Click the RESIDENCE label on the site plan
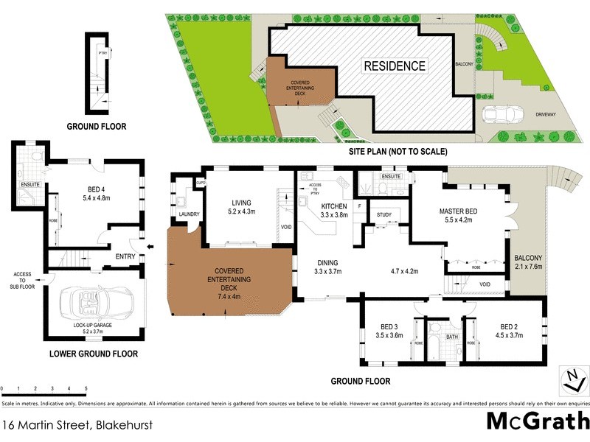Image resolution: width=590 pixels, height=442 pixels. (395, 66)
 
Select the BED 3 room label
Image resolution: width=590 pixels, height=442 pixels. (389, 331)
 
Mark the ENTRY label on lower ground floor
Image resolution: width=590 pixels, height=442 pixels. (126, 256)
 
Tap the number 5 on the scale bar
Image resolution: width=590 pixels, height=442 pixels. (86, 387)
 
